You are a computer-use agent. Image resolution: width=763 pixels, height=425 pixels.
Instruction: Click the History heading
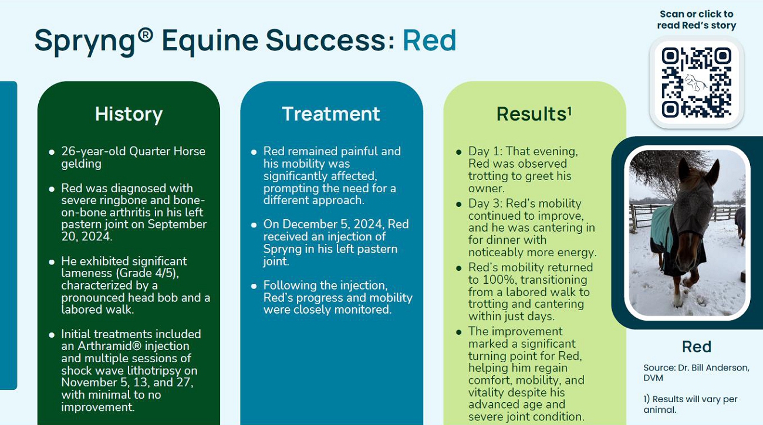[x=129, y=114]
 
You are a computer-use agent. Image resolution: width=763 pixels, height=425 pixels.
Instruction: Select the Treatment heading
[x=331, y=114]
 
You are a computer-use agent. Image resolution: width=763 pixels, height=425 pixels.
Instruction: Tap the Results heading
[x=534, y=114]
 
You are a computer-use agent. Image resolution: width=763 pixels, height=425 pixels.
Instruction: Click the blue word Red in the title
[x=429, y=40]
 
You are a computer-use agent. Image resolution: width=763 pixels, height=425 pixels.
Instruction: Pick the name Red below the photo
[x=697, y=346]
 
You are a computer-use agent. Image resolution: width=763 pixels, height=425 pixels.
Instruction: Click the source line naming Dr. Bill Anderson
[x=696, y=373]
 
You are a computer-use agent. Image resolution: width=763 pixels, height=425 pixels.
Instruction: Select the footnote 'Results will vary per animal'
[x=690, y=404]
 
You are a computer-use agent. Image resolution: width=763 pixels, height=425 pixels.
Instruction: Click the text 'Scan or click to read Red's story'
[x=697, y=20]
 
